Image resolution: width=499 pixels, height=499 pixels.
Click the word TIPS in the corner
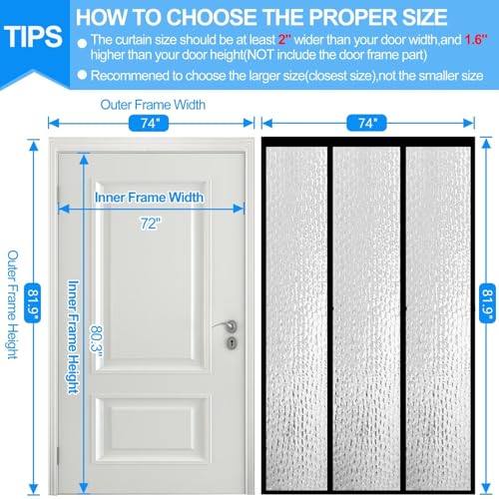[x=33, y=37]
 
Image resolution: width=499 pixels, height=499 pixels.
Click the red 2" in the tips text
[x=284, y=40]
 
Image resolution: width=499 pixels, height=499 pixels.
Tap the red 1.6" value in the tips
[x=476, y=40]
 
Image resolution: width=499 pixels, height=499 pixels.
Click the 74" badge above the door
[x=149, y=124]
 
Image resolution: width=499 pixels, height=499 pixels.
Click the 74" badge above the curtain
[x=366, y=123]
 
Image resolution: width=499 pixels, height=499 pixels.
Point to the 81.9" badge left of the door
[x=33, y=303]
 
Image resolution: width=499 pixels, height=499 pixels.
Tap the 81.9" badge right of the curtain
[x=487, y=303]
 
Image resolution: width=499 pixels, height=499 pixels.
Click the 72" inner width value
[x=151, y=224]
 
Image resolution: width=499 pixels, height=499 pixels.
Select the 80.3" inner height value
[x=97, y=341]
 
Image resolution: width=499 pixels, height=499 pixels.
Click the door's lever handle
[x=226, y=325]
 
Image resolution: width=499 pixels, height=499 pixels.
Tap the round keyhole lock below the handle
[x=233, y=342]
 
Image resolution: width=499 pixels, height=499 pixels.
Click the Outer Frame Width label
[x=153, y=105]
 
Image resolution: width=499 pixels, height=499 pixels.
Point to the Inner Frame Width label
[x=149, y=198]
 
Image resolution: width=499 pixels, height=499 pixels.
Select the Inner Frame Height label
[x=74, y=337]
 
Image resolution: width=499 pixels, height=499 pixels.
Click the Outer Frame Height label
[x=13, y=304]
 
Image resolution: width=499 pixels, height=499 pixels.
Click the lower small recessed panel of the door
[x=153, y=429]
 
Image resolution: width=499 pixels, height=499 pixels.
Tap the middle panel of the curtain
[x=367, y=318]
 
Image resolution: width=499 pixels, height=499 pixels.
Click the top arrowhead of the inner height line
[x=84, y=159]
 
